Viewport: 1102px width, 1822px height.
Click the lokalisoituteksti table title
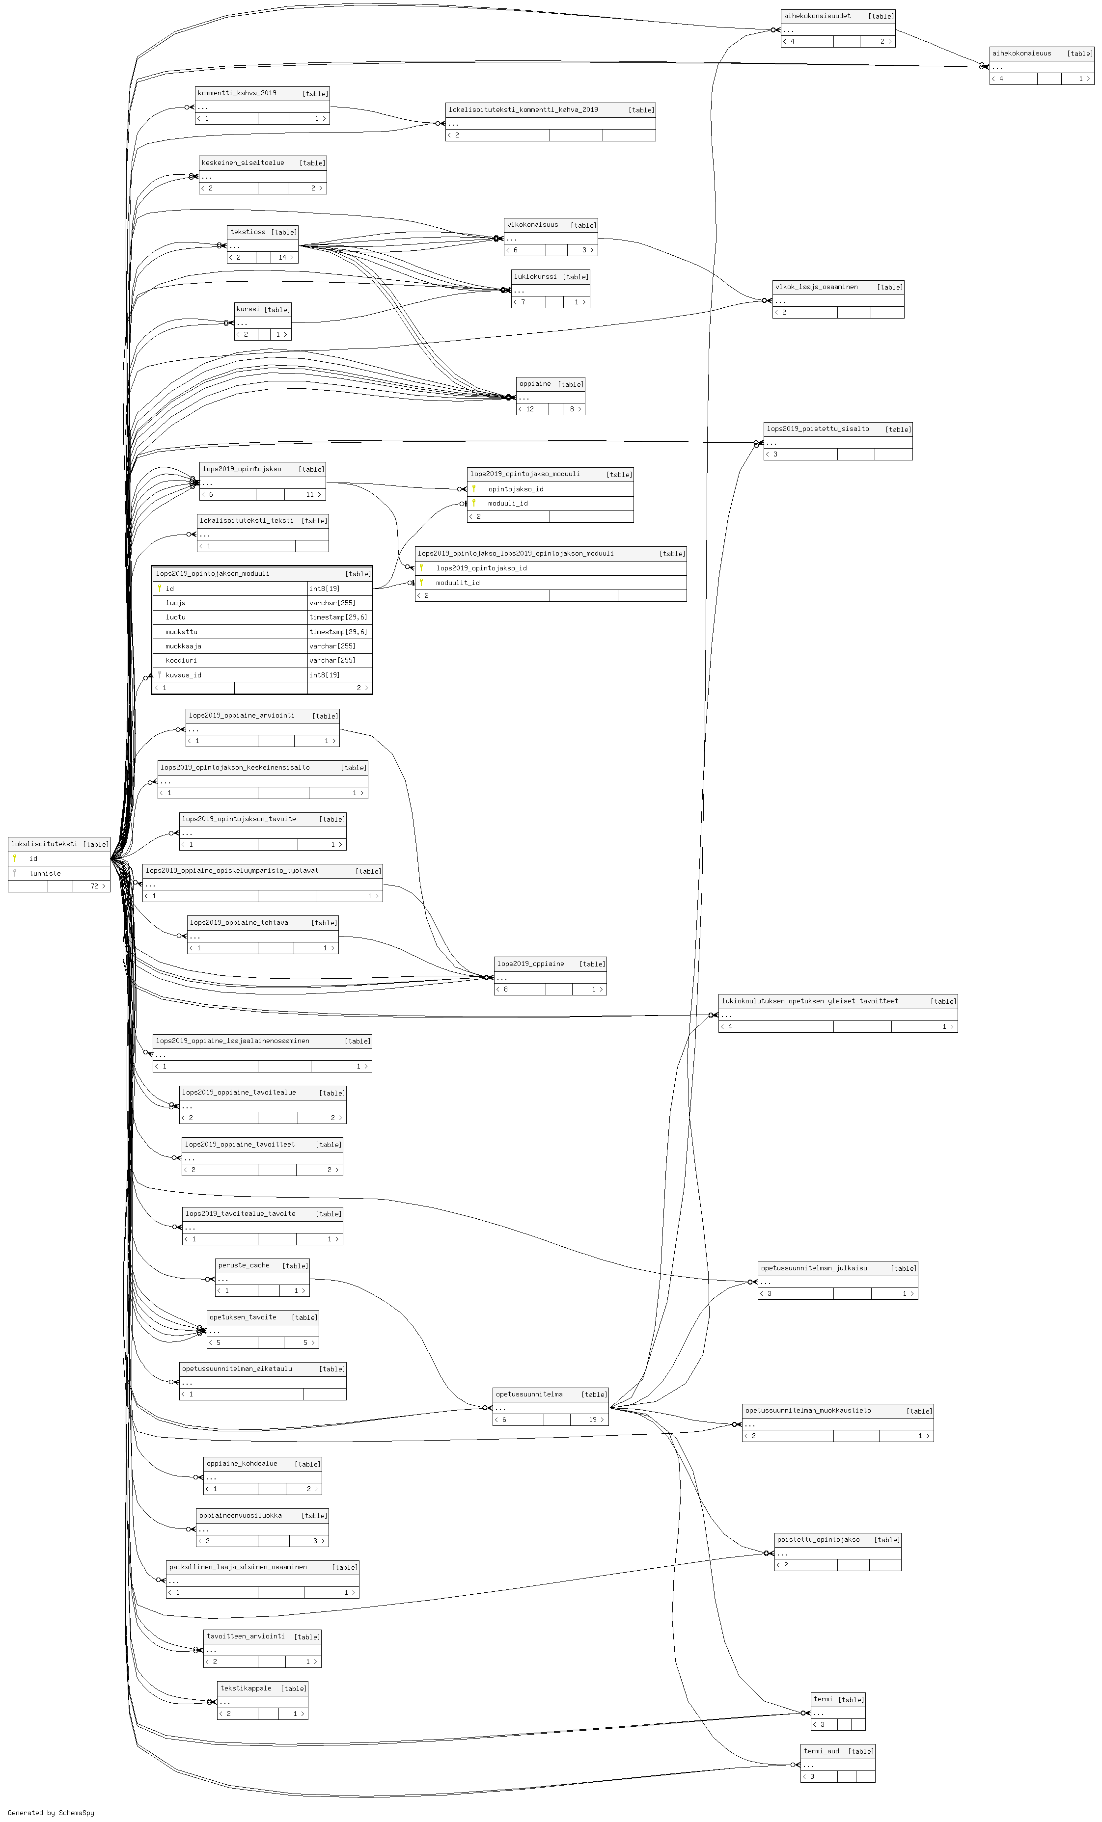click(x=44, y=844)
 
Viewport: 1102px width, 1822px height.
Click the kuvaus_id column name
click(x=183, y=674)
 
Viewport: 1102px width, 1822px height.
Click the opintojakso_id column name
click(x=516, y=489)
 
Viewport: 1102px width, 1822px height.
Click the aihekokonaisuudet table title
click(x=817, y=16)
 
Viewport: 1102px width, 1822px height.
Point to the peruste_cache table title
click(x=243, y=1265)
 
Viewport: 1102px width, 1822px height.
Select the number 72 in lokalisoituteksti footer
click(x=94, y=886)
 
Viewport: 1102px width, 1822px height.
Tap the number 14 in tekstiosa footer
click(x=282, y=257)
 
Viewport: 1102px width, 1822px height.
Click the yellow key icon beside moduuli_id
click(x=474, y=503)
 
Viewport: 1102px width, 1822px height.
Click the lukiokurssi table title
click(x=535, y=276)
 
